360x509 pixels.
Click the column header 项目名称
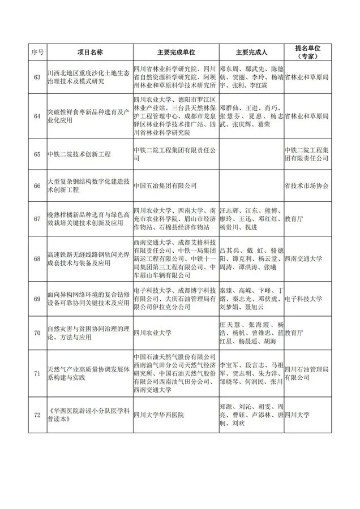coord(89,52)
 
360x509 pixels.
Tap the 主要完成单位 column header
coord(175,52)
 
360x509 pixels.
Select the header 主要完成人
coord(250,52)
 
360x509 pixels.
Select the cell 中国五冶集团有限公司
coord(165,185)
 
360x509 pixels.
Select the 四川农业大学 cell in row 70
coord(152,334)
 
